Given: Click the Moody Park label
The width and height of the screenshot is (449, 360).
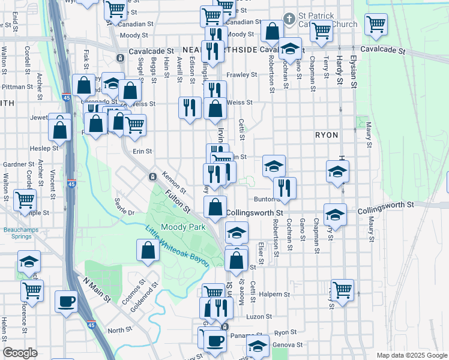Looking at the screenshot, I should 183,227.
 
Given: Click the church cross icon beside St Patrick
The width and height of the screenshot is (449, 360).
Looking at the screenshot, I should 289,19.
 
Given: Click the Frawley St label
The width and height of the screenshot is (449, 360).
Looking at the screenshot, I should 241,75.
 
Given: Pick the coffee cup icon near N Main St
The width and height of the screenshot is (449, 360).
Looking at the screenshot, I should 66,301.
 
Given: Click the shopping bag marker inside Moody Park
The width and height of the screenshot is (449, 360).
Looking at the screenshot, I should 148,250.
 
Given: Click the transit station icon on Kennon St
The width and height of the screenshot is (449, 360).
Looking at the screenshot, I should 152,176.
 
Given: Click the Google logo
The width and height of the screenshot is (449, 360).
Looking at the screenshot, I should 20,353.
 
